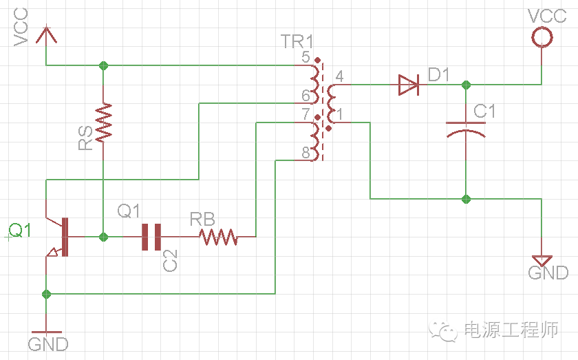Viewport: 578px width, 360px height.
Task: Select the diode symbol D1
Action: [x=408, y=85]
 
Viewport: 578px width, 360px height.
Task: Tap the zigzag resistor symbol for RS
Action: [x=103, y=123]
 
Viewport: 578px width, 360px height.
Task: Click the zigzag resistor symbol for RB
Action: [x=218, y=237]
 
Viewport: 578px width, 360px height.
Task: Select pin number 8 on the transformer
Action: [x=306, y=153]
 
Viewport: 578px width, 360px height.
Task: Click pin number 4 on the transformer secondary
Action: [x=339, y=76]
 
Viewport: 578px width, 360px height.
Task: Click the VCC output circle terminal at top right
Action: [x=542, y=37]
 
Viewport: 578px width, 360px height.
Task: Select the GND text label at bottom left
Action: [x=48, y=343]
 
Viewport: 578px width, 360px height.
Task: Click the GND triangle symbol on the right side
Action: [x=542, y=261]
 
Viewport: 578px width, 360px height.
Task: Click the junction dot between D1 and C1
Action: [x=466, y=85]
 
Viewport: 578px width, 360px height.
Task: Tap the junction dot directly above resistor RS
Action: [x=103, y=66]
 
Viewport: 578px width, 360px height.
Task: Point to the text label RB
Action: [x=202, y=220]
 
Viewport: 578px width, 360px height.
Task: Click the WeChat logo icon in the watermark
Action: [x=445, y=331]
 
